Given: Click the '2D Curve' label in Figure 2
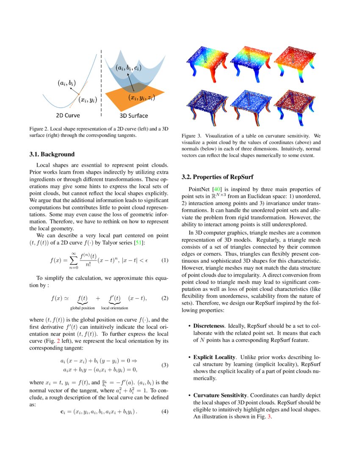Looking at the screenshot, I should [x=68, y=115].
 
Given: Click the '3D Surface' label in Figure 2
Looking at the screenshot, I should [x=135, y=115].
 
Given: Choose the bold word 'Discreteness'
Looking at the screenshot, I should [x=210, y=326].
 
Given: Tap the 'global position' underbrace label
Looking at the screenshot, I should [x=83, y=308].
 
